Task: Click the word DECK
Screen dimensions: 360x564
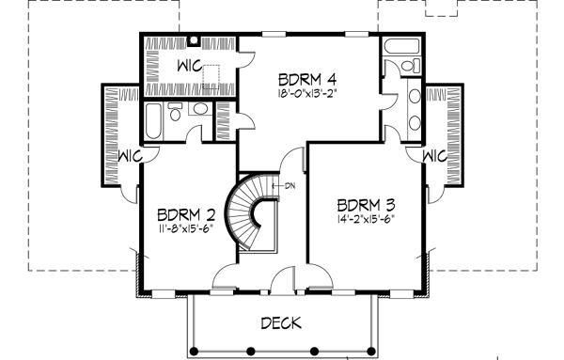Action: point(281,323)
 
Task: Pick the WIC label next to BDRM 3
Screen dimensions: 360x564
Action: point(434,154)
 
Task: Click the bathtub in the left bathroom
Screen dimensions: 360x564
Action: point(154,120)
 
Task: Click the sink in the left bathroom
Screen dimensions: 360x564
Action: point(197,111)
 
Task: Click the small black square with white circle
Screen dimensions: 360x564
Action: point(193,41)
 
